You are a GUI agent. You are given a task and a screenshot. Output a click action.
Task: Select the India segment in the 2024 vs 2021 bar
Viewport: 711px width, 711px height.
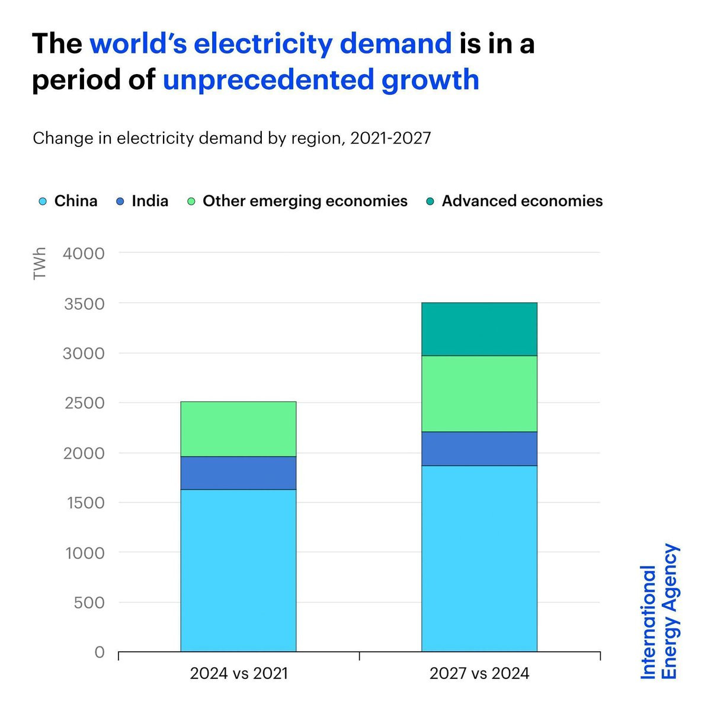click(238, 473)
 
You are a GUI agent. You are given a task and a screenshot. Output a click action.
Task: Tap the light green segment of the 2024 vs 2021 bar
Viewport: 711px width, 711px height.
click(238, 429)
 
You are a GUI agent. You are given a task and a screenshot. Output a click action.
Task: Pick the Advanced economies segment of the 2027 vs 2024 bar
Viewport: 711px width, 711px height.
click(479, 329)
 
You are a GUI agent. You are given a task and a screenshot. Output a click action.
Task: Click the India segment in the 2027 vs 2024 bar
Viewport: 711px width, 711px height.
click(479, 449)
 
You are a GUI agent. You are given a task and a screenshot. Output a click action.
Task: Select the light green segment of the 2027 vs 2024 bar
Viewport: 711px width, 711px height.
click(479, 393)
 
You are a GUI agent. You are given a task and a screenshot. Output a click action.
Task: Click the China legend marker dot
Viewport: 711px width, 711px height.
click(43, 201)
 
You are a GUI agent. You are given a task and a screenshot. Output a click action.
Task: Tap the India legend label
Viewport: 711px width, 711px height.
click(150, 201)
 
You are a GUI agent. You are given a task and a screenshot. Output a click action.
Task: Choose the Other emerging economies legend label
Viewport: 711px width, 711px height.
click(305, 201)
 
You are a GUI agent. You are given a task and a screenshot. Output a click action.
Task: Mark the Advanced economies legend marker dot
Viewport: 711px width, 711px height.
click(430, 201)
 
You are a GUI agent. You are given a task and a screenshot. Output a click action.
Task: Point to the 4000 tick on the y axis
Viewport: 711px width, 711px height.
click(84, 254)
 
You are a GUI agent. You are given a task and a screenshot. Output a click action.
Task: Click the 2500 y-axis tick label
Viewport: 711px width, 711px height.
click(84, 403)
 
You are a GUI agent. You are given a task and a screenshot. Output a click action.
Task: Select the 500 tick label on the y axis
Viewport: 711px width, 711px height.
click(88, 603)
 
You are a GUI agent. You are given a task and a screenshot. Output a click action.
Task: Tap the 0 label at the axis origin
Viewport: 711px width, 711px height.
click(100, 652)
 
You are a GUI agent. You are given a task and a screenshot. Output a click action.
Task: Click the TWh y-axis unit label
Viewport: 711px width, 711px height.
click(40, 264)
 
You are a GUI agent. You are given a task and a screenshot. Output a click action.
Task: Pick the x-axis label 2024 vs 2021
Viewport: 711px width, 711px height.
click(239, 674)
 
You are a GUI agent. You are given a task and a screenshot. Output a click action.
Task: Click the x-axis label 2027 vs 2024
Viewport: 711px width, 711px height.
click(479, 674)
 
